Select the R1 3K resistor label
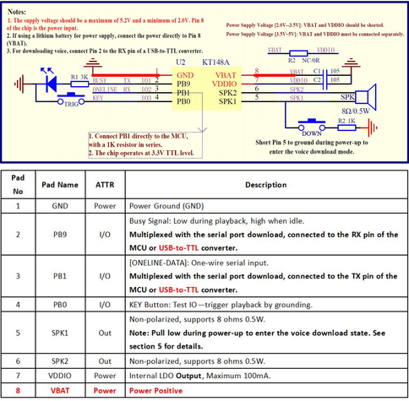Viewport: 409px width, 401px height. click(79, 77)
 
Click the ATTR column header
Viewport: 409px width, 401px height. click(106, 184)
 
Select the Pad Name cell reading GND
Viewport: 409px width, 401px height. click(60, 205)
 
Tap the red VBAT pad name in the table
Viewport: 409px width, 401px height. click(60, 391)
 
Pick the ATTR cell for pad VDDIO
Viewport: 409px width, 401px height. click(106, 373)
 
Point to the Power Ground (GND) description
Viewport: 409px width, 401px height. click(170, 205)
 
